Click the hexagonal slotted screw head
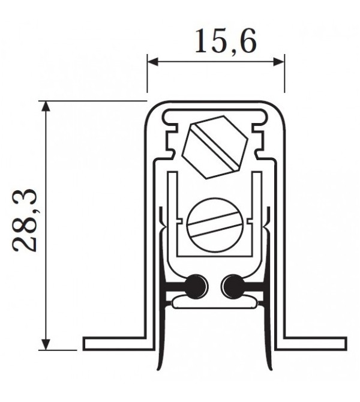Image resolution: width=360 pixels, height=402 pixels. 215,148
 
